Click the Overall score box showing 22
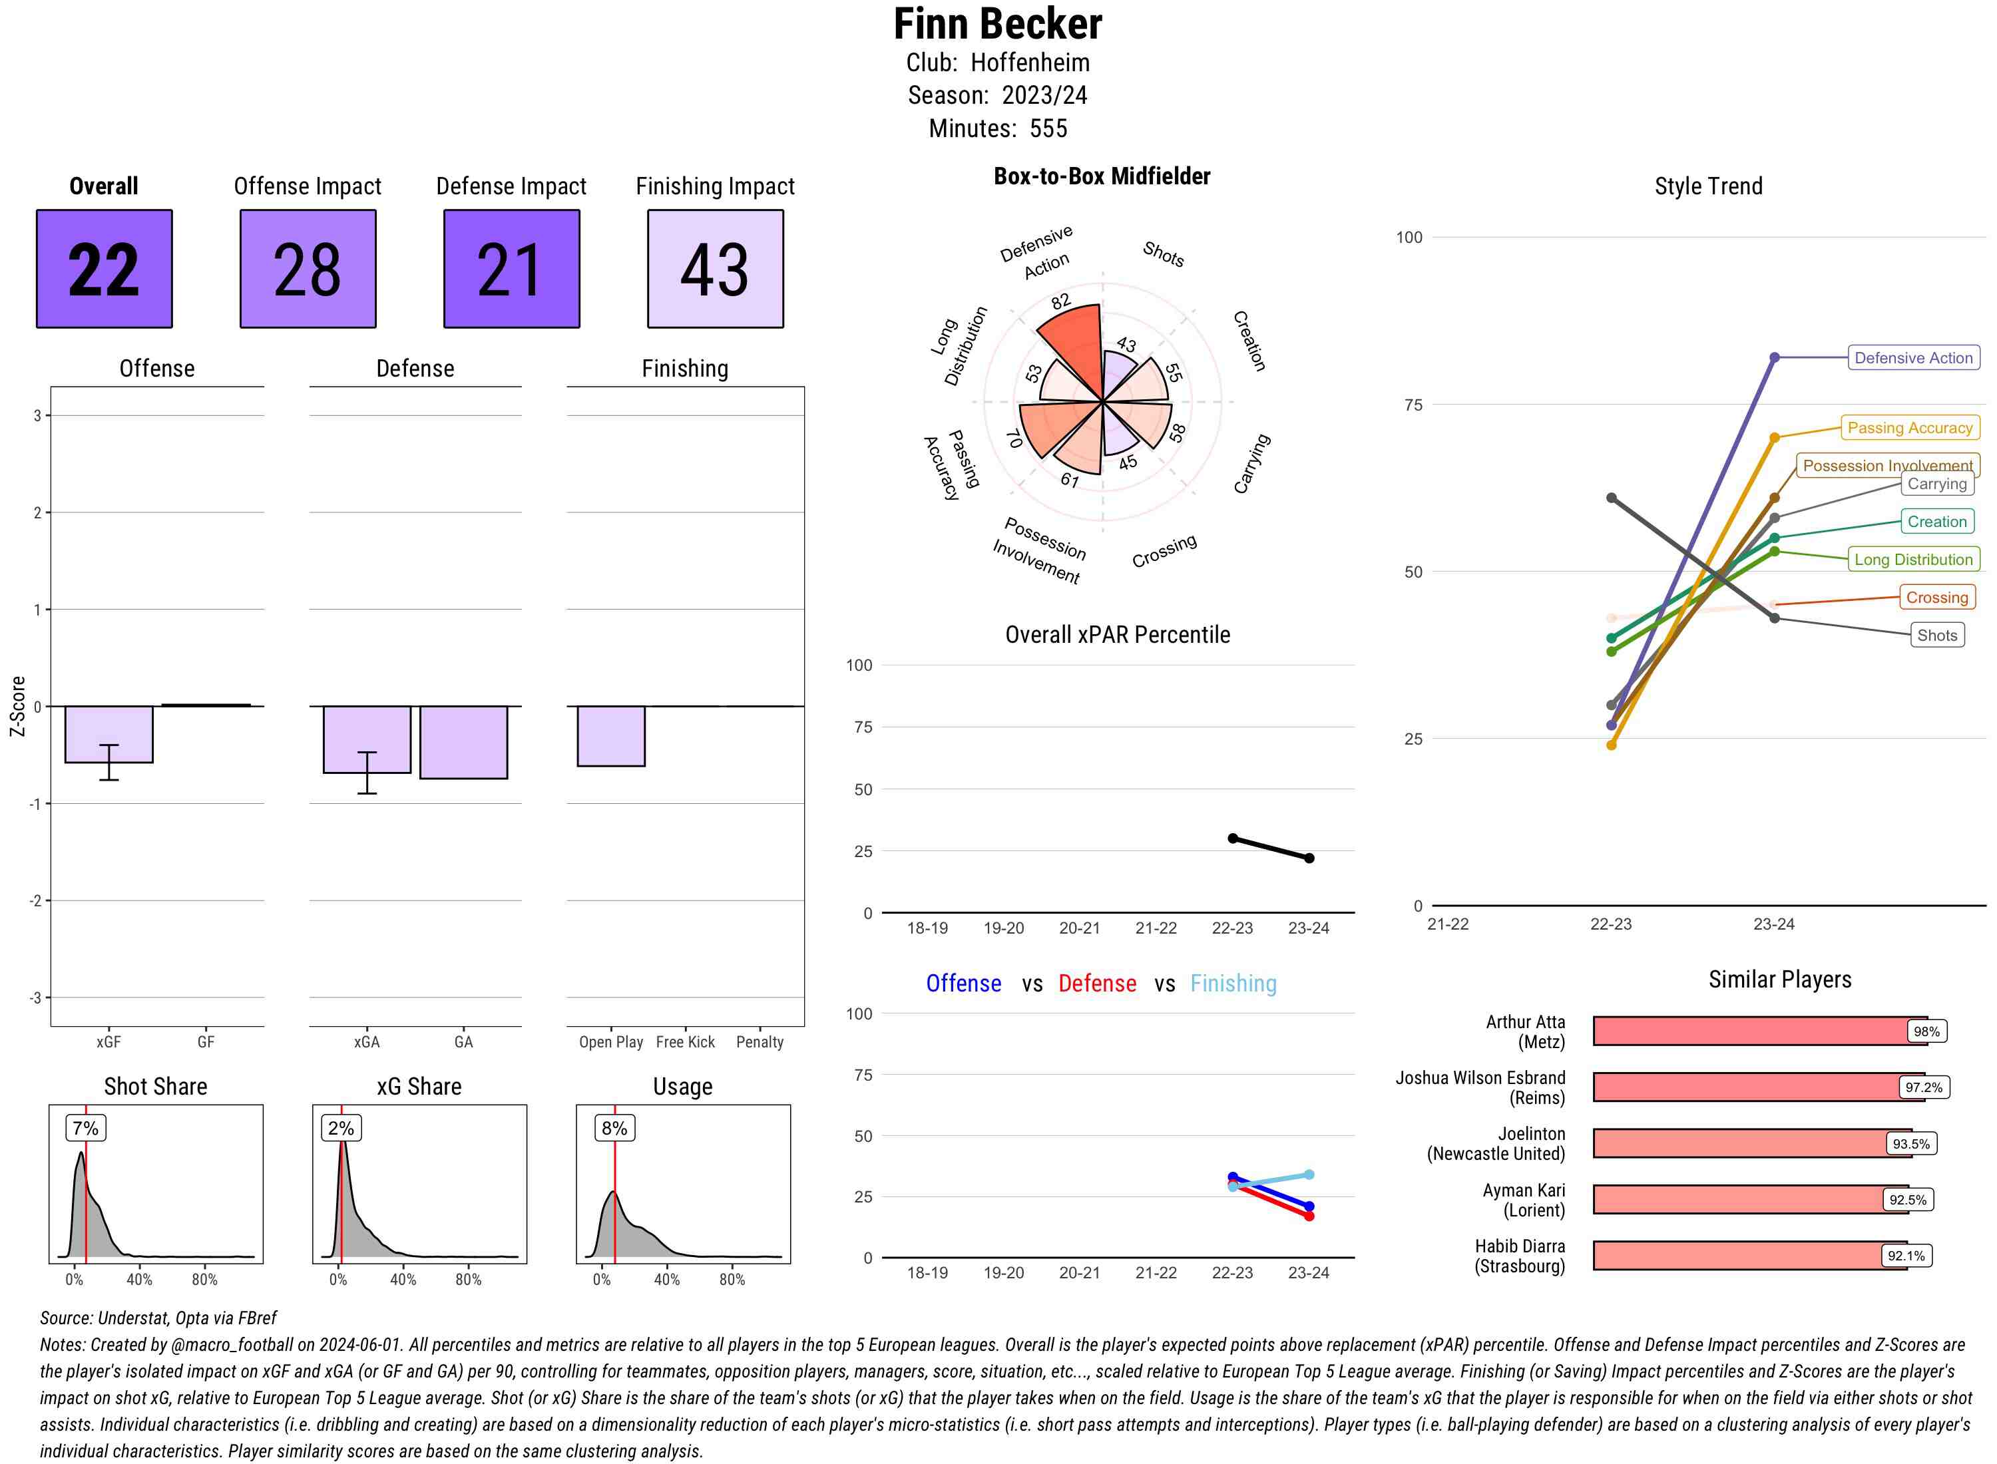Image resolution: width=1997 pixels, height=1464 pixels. point(104,269)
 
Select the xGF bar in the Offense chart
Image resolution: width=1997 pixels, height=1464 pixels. point(108,734)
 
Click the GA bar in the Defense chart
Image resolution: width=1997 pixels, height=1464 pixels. point(463,742)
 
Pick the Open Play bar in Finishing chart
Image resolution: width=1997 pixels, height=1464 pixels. point(610,735)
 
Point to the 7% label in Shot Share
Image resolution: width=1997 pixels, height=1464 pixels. point(85,1128)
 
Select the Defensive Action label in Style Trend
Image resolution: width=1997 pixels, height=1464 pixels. point(1913,358)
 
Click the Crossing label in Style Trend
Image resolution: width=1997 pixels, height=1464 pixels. point(1936,598)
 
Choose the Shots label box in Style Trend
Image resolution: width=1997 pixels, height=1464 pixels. point(1936,636)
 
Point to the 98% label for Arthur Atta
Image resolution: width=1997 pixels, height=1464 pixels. point(1925,1031)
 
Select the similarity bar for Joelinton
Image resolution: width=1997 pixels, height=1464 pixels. point(1737,1143)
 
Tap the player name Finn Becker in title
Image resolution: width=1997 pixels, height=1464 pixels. point(997,25)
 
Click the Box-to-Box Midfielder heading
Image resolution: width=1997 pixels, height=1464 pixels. point(1101,176)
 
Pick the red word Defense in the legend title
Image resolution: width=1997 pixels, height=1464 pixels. point(1096,984)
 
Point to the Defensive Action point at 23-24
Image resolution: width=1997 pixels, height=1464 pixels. point(1773,358)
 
